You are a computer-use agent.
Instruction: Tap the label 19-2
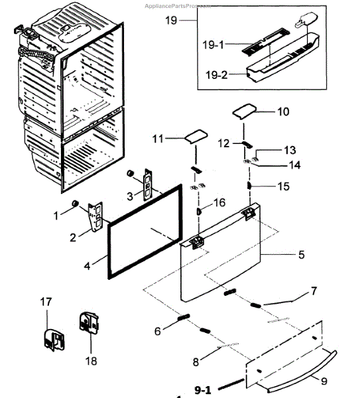(x=215, y=75)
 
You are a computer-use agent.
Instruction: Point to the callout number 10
(x=283, y=112)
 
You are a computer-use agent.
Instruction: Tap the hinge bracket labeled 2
(x=96, y=214)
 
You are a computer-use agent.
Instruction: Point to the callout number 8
(x=196, y=363)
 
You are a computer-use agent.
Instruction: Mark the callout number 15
(x=283, y=187)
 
